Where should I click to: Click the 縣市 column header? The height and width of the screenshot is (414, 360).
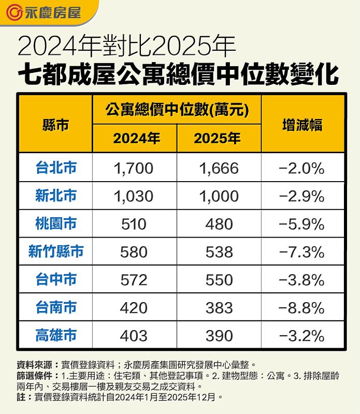point(56,125)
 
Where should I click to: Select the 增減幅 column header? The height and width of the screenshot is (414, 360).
point(303,125)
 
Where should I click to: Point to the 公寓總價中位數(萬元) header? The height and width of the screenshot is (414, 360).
point(176,110)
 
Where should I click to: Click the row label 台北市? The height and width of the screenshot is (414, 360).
point(56,168)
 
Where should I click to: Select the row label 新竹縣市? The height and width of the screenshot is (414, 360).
point(56,252)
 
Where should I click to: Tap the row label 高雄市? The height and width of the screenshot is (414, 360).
point(56,335)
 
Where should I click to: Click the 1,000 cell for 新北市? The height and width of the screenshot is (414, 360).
point(219,196)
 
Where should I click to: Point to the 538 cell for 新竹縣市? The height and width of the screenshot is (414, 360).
point(219,252)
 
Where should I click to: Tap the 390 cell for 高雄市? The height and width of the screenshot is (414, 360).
point(219,336)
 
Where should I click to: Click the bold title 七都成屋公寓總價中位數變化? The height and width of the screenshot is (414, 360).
point(179,74)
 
